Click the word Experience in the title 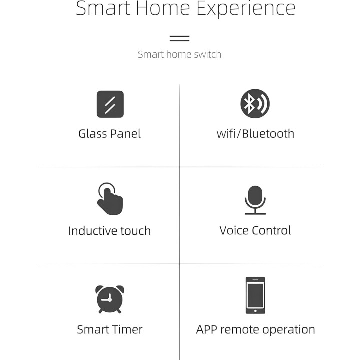click(246, 9)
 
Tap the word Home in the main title click(163, 8)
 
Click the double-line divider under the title click(180, 38)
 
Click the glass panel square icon click(110, 104)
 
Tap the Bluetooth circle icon click(255, 104)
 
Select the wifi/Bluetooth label click(255, 134)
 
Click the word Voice click(234, 230)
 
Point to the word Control click(271, 230)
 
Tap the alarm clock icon click(110, 299)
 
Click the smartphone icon click(255, 295)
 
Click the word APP click(206, 329)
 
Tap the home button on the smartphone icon click(255, 311)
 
